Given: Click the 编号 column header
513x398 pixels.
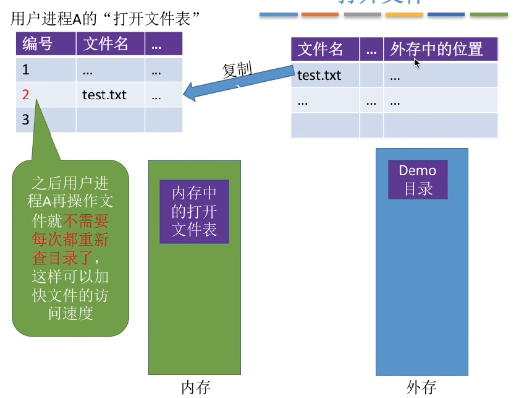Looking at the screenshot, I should [x=38, y=45].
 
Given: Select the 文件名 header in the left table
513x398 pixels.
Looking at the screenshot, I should [x=105, y=45].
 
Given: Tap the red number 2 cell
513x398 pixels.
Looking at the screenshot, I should [x=26, y=95].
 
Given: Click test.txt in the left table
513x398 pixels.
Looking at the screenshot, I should [x=104, y=95].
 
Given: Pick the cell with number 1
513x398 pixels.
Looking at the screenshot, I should [x=26, y=70].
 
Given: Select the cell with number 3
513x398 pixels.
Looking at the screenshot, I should [x=26, y=120].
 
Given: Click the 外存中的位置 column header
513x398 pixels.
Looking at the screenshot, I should [x=436, y=50].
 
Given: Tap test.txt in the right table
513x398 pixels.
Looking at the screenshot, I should [x=319, y=76].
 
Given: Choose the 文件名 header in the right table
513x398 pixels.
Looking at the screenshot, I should [x=320, y=50].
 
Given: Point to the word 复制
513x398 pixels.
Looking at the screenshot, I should [x=237, y=70].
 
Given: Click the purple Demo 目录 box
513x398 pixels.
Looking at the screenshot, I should [x=417, y=180].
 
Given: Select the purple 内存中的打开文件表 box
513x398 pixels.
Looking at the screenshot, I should [x=194, y=211].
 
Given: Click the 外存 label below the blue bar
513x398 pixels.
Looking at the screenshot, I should [x=422, y=387].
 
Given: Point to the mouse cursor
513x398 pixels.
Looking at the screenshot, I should [x=416, y=62].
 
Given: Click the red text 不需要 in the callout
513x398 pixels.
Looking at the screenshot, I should [x=90, y=221].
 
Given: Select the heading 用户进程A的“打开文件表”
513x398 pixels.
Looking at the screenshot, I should [x=104, y=20].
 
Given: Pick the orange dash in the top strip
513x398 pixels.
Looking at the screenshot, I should [x=320, y=15].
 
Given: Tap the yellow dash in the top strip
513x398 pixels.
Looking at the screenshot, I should [x=404, y=15].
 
